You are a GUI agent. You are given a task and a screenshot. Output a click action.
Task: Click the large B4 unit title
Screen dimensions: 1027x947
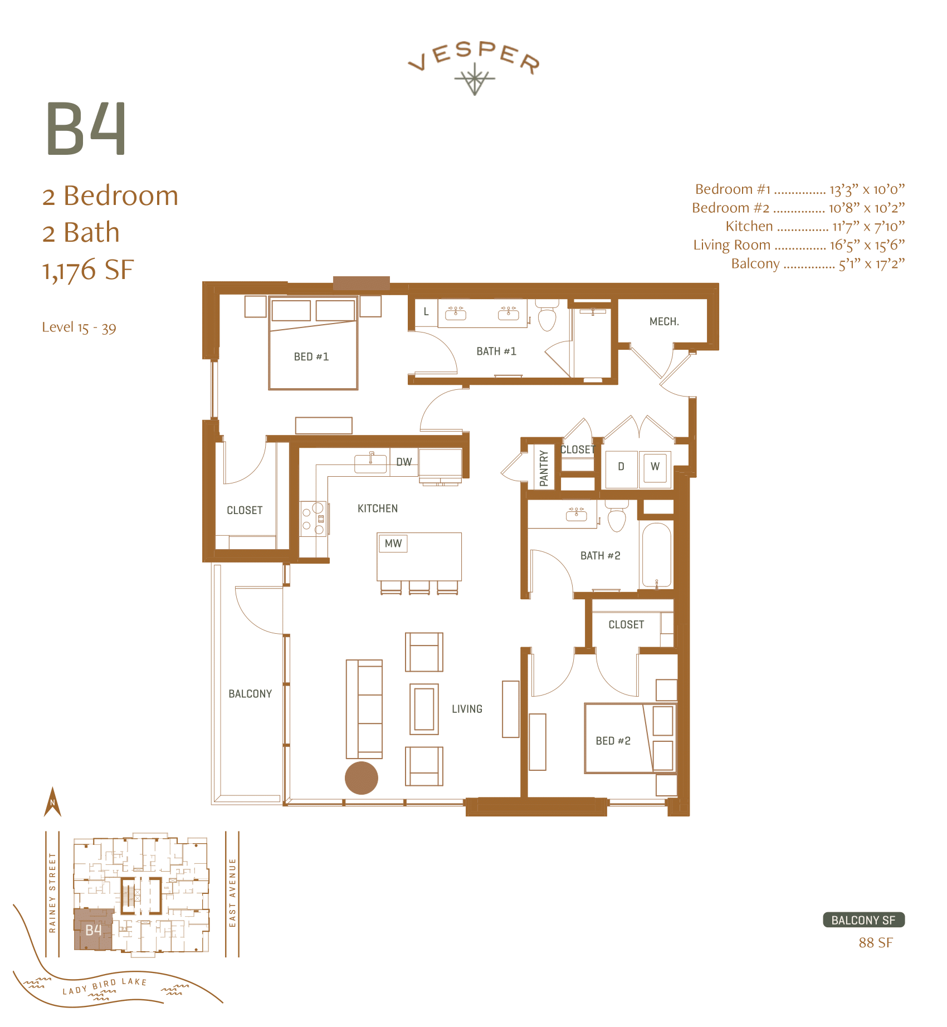pyautogui.click(x=86, y=129)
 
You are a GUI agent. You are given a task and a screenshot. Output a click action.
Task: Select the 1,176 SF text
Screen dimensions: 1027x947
pyautogui.click(x=88, y=270)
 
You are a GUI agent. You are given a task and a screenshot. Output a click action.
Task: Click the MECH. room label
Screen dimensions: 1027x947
pyautogui.click(x=664, y=321)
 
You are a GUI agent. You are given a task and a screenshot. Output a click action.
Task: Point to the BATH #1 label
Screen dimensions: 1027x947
pyautogui.click(x=496, y=351)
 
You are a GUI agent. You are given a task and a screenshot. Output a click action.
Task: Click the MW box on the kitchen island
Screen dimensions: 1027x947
pyautogui.click(x=393, y=544)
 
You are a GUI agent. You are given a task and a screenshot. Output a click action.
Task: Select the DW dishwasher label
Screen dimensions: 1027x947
pyautogui.click(x=404, y=462)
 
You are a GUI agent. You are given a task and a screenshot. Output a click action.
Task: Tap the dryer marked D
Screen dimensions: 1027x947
pyautogui.click(x=621, y=467)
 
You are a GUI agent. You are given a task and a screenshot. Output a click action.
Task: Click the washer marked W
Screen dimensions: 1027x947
pyautogui.click(x=655, y=467)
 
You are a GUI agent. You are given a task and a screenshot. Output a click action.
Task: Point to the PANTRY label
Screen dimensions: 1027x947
pyautogui.click(x=544, y=468)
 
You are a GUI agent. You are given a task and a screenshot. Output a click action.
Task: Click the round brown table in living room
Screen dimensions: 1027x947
pyautogui.click(x=362, y=777)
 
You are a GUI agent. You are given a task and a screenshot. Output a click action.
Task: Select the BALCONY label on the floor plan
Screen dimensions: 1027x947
pyautogui.click(x=250, y=694)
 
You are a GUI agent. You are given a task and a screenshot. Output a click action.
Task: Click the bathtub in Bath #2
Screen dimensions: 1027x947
pyautogui.click(x=657, y=554)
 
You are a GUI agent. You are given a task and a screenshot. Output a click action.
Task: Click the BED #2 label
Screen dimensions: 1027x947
pyautogui.click(x=613, y=741)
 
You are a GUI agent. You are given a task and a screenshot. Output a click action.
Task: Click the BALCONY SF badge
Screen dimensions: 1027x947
pyautogui.click(x=863, y=920)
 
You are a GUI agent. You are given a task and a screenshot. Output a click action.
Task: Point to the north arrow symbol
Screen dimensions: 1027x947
pyautogui.click(x=52, y=803)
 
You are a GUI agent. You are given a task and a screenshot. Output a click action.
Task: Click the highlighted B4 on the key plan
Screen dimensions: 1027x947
pyautogui.click(x=93, y=930)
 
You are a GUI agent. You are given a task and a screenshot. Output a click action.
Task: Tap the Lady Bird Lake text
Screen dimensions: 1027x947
pyautogui.click(x=104, y=986)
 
